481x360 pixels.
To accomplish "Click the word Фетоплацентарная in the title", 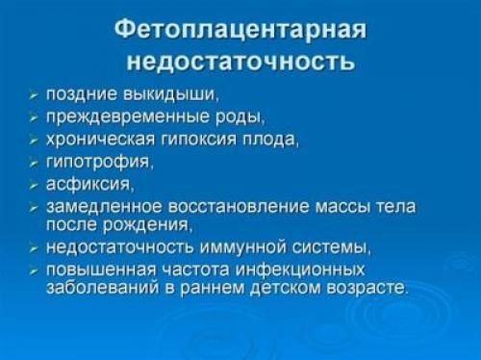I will (x=240, y=30).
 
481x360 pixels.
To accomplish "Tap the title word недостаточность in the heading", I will (x=240, y=63).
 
